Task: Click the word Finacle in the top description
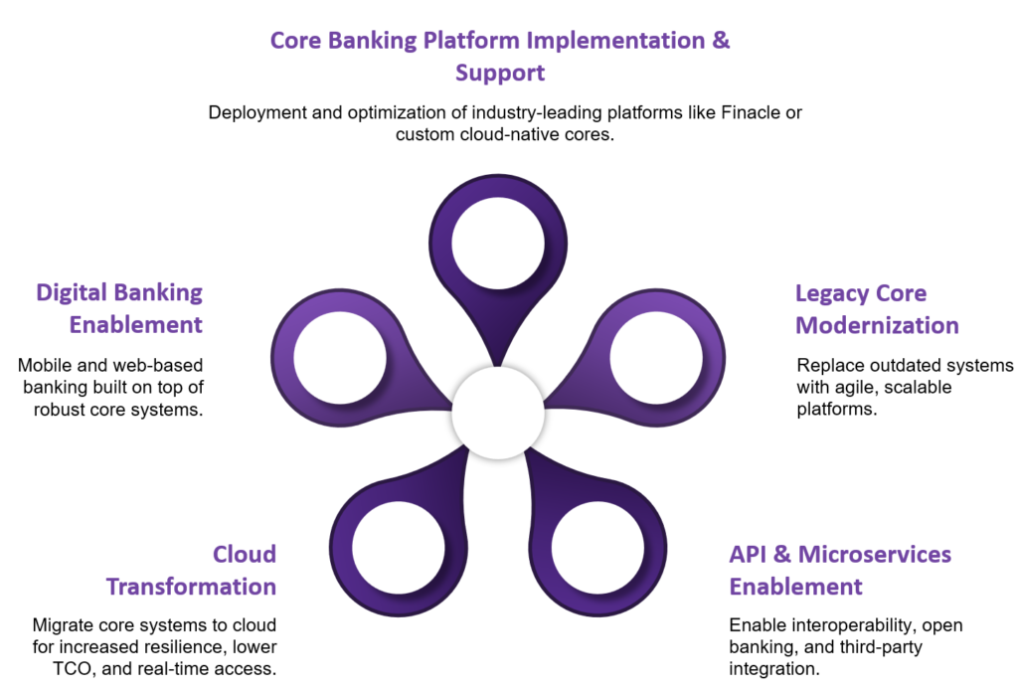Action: coord(751,112)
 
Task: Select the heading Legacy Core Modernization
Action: coord(877,309)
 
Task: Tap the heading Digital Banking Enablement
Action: coord(119,308)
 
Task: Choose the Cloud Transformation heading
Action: coord(192,571)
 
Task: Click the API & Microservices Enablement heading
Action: coord(840,571)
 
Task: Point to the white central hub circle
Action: coord(498,414)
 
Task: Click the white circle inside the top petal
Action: coord(498,244)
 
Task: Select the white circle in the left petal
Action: coord(340,358)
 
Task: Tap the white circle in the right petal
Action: coord(656,358)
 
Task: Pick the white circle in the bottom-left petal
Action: coord(399,548)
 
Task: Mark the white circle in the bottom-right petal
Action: coord(597,548)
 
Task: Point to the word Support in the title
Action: coord(500,73)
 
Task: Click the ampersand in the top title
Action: coord(722,40)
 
